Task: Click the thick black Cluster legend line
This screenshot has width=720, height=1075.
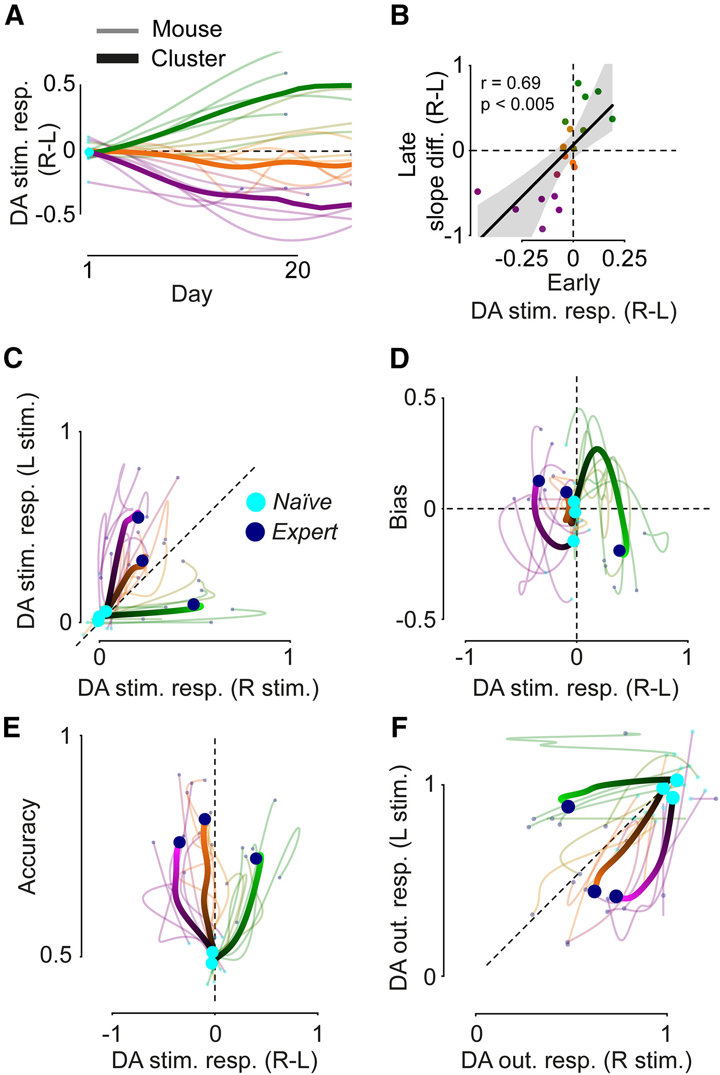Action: click(x=117, y=58)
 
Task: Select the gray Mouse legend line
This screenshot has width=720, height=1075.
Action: click(x=117, y=31)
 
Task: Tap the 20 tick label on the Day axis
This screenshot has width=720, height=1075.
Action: click(x=297, y=270)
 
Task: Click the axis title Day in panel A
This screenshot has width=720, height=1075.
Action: click(x=192, y=294)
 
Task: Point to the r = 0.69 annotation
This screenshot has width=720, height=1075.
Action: click(x=510, y=83)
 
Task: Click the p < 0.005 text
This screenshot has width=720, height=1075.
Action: click(x=517, y=105)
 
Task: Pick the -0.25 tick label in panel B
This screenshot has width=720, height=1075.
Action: click(x=522, y=259)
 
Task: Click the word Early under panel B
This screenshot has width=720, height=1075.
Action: click(x=573, y=283)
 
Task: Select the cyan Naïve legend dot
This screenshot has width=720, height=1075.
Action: click(x=256, y=502)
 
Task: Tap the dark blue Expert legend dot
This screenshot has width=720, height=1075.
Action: click(x=255, y=532)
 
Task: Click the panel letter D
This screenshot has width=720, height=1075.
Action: click(x=399, y=358)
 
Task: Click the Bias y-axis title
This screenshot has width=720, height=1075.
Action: click(x=399, y=507)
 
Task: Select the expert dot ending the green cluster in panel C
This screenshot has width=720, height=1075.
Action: click(x=194, y=604)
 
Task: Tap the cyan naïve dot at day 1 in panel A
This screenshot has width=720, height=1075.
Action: click(x=89, y=152)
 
